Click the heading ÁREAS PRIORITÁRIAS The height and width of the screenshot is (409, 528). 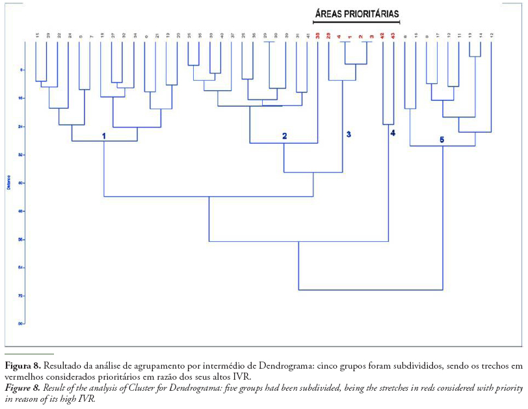click(x=356, y=14)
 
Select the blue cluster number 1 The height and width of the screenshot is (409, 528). click(x=103, y=135)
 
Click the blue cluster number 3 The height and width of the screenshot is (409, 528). click(x=349, y=135)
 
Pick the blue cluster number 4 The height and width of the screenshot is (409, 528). click(x=393, y=133)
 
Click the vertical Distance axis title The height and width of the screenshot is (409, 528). click(x=8, y=181)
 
